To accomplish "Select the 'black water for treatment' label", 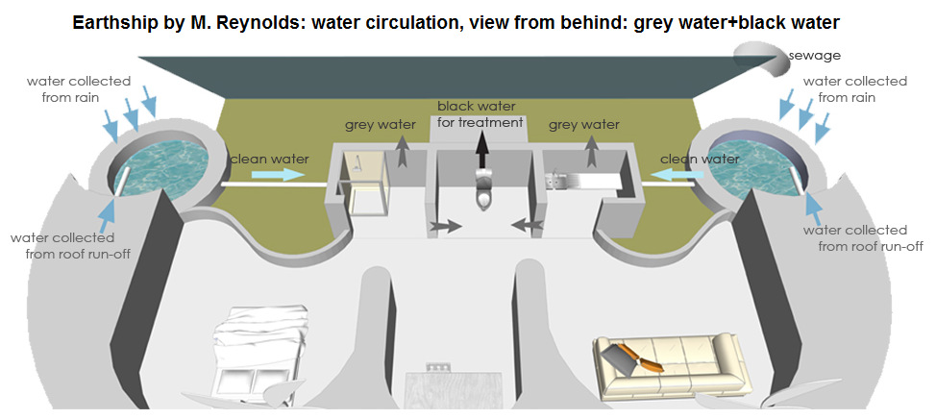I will [480, 114].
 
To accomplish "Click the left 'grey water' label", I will [381, 125].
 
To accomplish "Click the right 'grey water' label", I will [583, 125].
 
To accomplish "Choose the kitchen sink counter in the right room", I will [580, 178].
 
